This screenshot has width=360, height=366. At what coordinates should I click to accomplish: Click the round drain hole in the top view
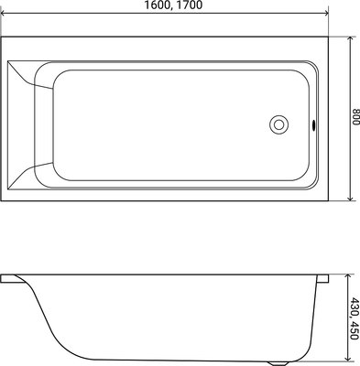tap(278, 125)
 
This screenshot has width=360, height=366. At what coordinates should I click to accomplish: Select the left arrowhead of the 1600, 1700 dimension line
tap(5, 14)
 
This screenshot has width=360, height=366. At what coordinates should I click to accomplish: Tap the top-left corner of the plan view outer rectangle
tap(2, 37)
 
